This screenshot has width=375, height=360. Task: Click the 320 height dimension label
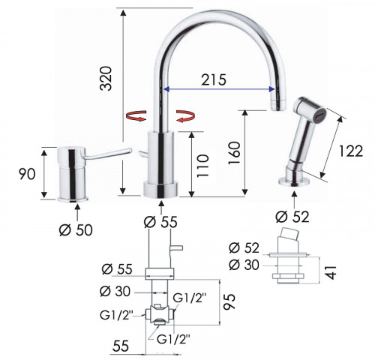(x=106, y=78)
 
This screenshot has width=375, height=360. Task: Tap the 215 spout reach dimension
(x=214, y=79)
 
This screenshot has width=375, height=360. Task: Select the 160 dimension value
(x=234, y=153)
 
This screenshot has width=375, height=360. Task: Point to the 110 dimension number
(x=202, y=166)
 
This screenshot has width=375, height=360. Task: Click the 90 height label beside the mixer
(x=27, y=174)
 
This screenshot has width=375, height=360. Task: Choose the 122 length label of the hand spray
(x=351, y=151)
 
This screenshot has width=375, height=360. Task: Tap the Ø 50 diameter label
(x=76, y=230)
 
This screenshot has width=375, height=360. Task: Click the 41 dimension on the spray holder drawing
(x=331, y=272)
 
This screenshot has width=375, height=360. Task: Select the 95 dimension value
(x=229, y=301)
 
